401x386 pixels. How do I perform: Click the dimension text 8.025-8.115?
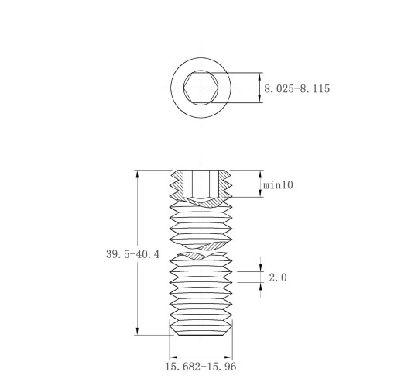tap(296, 88)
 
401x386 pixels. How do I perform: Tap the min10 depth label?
tap(278, 185)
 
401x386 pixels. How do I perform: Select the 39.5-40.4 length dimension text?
tap(133, 254)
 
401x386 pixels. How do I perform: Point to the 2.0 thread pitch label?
tap(278, 277)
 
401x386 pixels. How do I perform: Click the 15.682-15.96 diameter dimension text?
tap(200, 367)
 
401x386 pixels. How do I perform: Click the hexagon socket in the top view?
tap(201, 88)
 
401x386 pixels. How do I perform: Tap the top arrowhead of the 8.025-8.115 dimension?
tap(260, 76)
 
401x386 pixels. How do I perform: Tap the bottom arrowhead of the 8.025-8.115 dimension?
tap(260, 99)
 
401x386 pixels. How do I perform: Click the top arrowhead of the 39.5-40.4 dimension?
tap(137, 174)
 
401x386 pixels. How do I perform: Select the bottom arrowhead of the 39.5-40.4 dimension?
tap(137, 332)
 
